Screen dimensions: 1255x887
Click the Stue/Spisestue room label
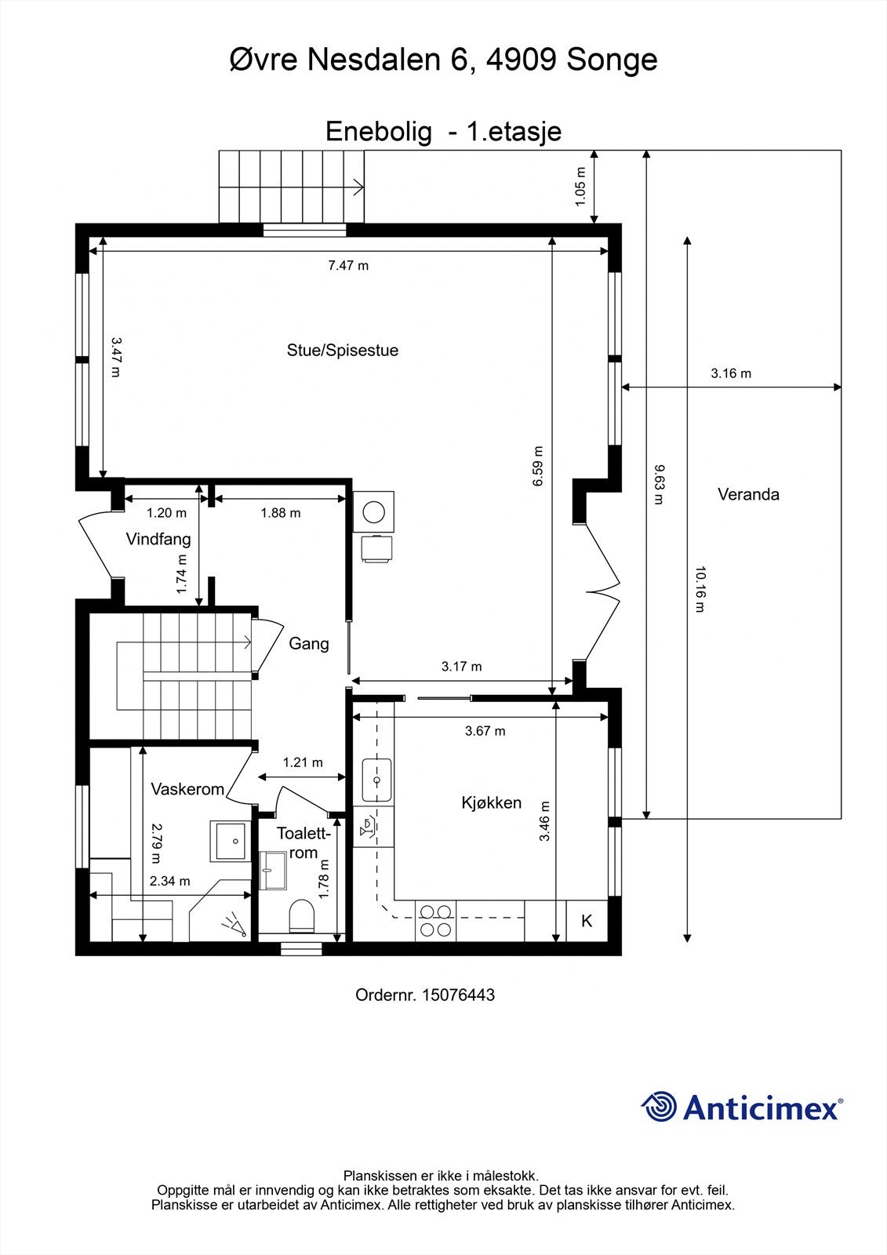[343, 351]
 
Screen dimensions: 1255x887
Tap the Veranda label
[748, 495]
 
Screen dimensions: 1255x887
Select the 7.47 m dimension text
[348, 266]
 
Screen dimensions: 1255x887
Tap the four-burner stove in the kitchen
[436, 920]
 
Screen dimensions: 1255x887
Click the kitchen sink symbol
[376, 780]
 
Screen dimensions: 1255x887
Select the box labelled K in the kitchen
[587, 922]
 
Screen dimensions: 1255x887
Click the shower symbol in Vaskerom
[234, 926]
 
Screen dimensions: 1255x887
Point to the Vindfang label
[158, 540]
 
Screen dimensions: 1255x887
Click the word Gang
[309, 644]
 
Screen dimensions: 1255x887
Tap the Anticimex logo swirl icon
[660, 1107]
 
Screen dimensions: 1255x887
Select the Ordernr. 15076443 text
[425, 995]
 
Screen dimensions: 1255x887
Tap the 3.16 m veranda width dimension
[731, 374]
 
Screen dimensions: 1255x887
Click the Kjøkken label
[491, 803]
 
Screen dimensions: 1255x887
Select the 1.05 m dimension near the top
[581, 187]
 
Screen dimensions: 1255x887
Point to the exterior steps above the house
[292, 187]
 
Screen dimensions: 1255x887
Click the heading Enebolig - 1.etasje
[443, 132]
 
